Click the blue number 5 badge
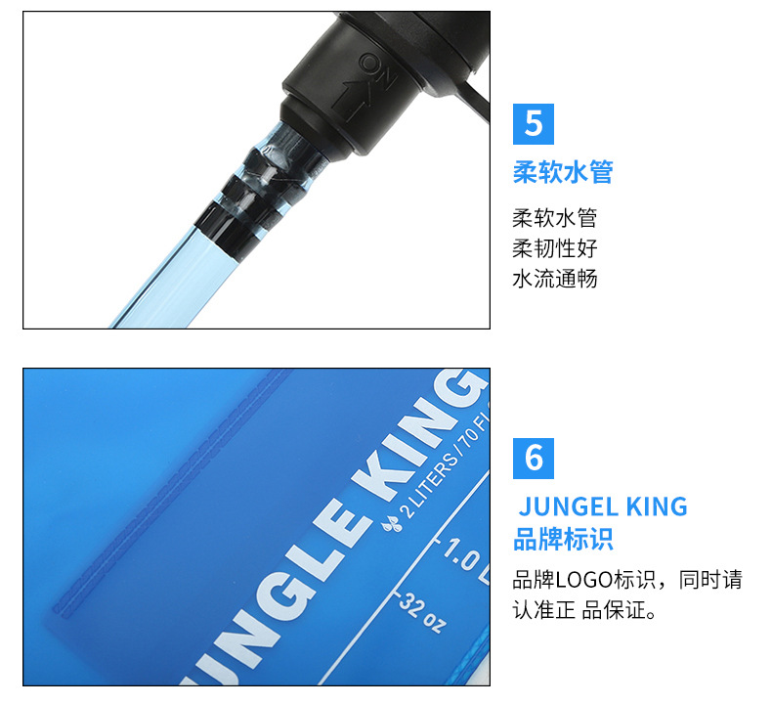[534, 124]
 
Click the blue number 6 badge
[534, 459]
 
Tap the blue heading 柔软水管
[563, 172]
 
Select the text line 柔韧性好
[554, 248]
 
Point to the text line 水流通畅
[554, 279]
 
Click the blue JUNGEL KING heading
[603, 506]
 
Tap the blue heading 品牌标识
[563, 539]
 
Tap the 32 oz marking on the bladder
[422, 613]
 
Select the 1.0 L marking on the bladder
[465, 560]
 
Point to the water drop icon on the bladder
[393, 524]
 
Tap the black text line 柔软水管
[554, 218]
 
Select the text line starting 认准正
[584, 610]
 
